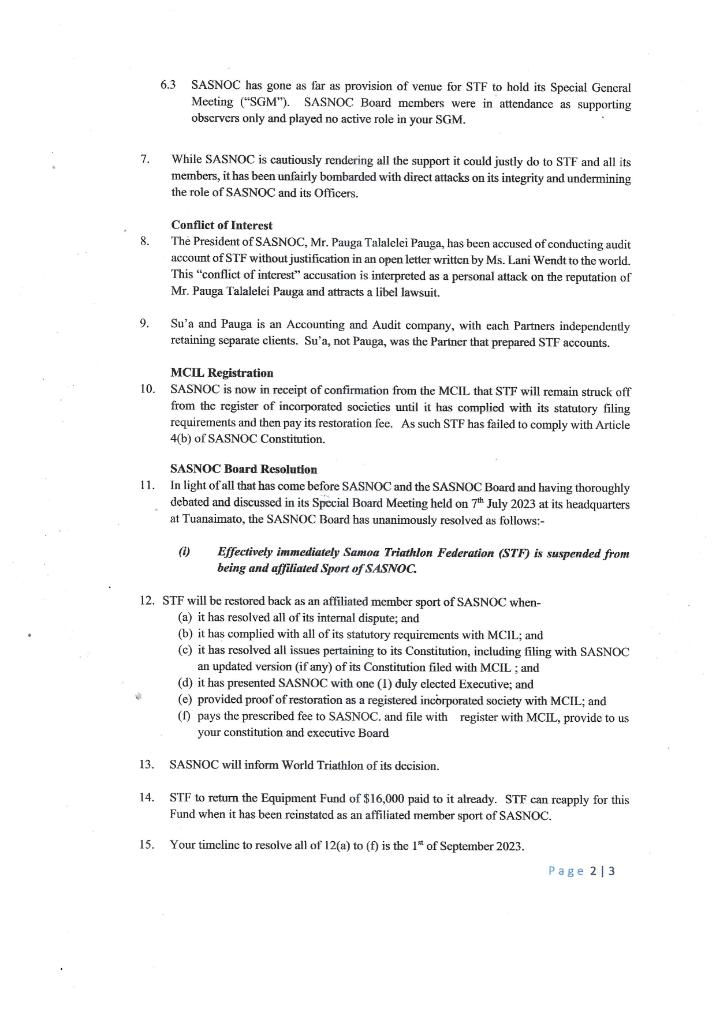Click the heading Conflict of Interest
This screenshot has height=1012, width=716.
click(222, 225)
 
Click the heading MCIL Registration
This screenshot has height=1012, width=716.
click(222, 373)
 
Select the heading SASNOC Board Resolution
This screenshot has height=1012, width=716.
click(244, 469)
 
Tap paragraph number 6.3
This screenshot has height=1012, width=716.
click(168, 85)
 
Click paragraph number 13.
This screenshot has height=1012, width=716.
click(147, 764)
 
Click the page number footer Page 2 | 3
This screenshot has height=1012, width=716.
click(581, 871)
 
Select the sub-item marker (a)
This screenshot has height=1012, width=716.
click(185, 618)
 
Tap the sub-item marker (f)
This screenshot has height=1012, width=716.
click(185, 717)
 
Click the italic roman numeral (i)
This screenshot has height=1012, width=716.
click(184, 552)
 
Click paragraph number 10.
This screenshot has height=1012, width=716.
click(147, 388)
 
